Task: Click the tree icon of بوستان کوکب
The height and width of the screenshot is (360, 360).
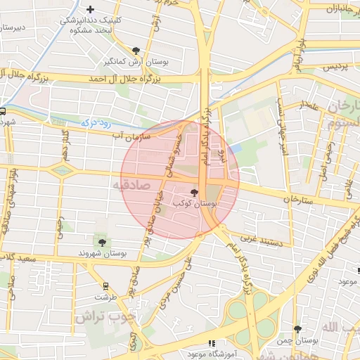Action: (x=194, y=192)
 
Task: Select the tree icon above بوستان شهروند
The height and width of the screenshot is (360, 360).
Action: (x=102, y=243)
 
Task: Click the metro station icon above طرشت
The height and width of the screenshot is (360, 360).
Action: (x=105, y=285)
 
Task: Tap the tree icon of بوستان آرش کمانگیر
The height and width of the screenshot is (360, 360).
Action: (x=136, y=51)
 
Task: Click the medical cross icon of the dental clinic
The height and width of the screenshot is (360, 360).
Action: (x=90, y=9)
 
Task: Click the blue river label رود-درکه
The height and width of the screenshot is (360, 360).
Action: (x=93, y=122)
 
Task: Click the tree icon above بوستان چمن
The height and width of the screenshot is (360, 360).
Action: (x=298, y=329)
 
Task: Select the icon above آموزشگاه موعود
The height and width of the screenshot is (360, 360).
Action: (x=212, y=344)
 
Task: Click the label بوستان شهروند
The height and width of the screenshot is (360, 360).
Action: (x=103, y=252)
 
